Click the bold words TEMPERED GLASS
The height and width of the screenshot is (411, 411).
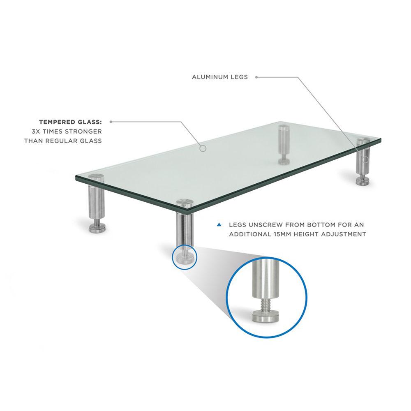70,122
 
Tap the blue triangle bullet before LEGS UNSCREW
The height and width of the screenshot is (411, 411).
219,225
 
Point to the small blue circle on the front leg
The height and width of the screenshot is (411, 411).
185,257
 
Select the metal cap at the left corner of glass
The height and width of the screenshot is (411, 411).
97,178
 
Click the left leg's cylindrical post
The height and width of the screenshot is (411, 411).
95,201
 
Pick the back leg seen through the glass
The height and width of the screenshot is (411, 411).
283,142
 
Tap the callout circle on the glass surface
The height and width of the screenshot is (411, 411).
202,148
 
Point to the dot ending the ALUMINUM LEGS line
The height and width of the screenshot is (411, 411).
256,77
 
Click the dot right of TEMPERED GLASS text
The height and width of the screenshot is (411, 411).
111,122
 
